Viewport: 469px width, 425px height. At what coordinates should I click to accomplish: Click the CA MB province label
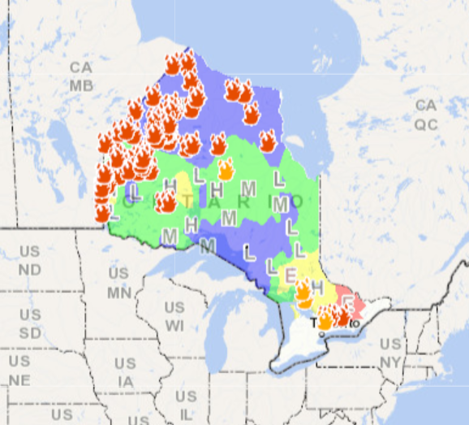(80, 76)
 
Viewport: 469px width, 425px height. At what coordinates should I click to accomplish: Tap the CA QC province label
(426, 115)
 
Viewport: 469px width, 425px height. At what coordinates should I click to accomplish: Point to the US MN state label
(118, 282)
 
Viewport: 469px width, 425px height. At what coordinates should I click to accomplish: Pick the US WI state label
(174, 316)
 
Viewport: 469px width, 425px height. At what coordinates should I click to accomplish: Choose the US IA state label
(125, 371)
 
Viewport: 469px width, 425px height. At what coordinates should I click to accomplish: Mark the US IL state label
(186, 404)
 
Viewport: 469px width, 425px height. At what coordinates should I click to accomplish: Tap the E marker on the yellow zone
(290, 275)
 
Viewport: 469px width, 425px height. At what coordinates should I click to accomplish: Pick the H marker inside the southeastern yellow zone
(317, 288)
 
